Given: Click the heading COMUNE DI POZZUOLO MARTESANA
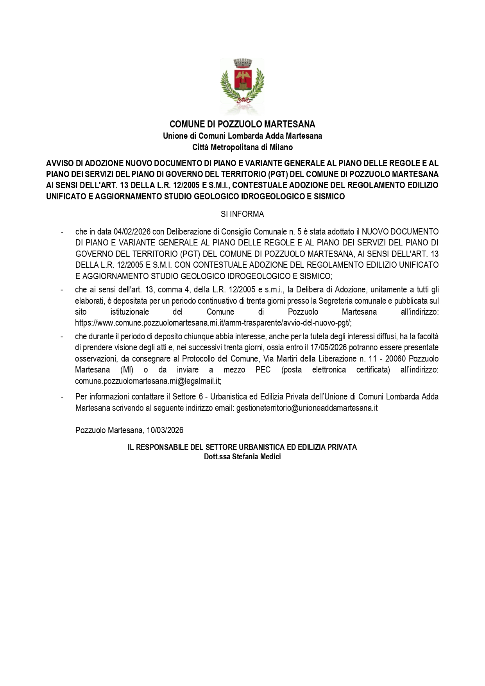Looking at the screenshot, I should point(242,124).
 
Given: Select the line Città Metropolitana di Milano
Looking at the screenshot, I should point(242,147).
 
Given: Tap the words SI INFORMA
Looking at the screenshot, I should point(242,214).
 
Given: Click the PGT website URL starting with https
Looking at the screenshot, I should point(213,323).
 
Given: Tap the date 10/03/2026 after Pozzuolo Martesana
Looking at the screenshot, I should point(165,430).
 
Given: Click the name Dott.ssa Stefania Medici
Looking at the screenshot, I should point(242,457).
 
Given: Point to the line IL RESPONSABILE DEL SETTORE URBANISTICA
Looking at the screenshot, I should point(242,447).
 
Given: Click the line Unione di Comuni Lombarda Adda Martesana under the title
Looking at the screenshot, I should point(242,136).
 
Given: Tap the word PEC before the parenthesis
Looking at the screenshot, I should point(263,370).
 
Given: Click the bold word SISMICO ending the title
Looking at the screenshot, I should point(330,197).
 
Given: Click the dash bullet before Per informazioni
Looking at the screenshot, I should point(62,397).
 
